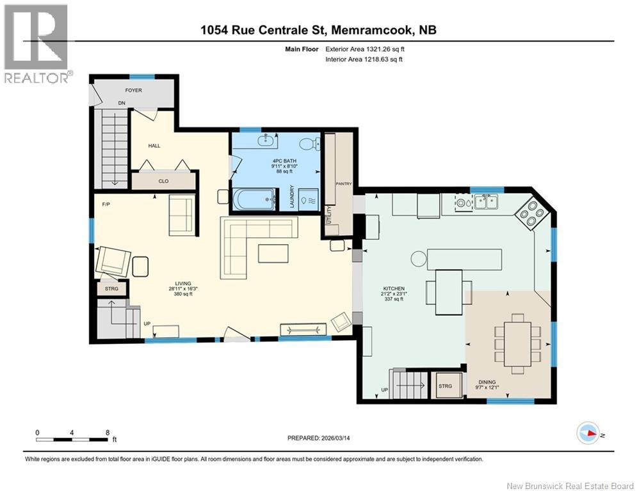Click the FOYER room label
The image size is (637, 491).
pyautogui.click(x=133, y=91)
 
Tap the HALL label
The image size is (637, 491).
pyautogui.click(x=154, y=146)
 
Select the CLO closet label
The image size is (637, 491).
pyautogui.click(x=163, y=181)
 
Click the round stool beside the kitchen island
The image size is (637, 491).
pyautogui.click(x=419, y=258)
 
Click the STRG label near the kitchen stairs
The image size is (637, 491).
pyautogui.click(x=445, y=386)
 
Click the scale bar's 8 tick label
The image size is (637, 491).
pyautogui.click(x=106, y=432)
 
